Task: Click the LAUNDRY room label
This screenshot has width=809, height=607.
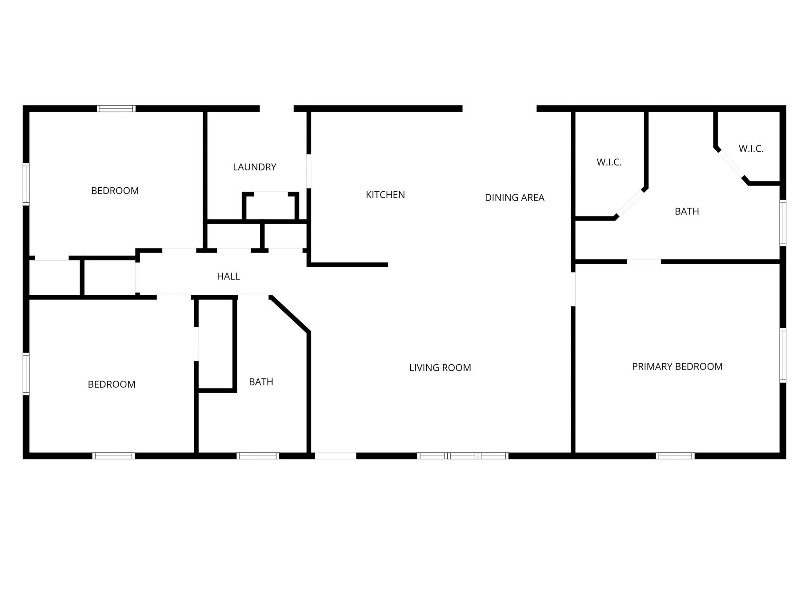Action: click(254, 167)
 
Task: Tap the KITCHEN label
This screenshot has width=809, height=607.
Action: click(385, 195)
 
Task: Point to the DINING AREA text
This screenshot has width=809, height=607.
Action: click(514, 197)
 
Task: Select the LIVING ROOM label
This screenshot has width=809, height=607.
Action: click(440, 368)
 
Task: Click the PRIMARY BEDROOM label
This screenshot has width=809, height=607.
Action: click(677, 366)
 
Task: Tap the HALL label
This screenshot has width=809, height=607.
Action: click(228, 276)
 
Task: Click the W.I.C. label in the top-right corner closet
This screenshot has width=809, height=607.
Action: click(751, 149)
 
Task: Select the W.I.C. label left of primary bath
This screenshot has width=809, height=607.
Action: click(609, 162)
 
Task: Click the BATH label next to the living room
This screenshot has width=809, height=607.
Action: click(261, 382)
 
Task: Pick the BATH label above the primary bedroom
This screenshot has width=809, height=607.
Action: click(687, 211)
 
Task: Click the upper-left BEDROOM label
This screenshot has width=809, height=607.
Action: click(115, 191)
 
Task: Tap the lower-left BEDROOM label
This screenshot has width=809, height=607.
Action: click(112, 384)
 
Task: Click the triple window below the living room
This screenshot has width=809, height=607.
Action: click(463, 455)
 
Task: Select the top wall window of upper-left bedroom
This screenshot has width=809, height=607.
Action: click(116, 109)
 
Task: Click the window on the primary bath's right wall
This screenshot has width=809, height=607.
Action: click(783, 223)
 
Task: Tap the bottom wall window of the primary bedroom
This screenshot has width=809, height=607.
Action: click(675, 455)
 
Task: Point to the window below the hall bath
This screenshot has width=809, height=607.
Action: click(258, 455)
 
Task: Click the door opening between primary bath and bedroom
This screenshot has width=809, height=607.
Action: click(644, 261)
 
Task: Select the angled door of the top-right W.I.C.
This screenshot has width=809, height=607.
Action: click(732, 165)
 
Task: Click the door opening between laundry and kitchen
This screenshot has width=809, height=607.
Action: click(309, 171)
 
